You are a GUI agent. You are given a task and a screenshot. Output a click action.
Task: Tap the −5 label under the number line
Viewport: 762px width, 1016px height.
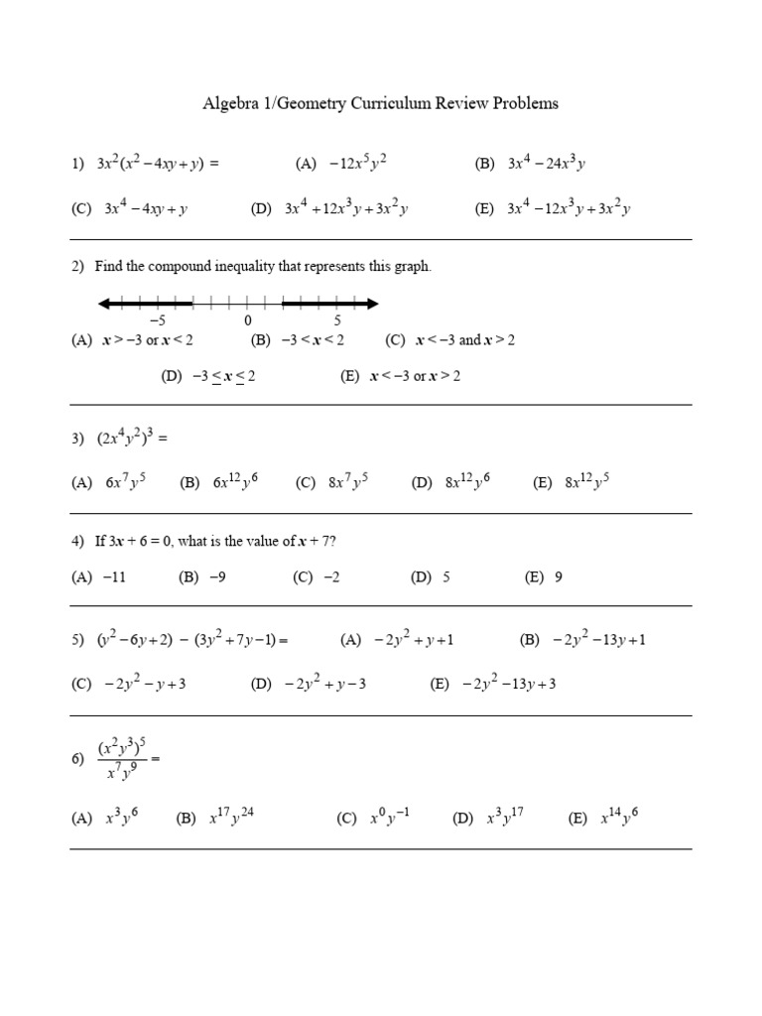pyautogui.click(x=157, y=320)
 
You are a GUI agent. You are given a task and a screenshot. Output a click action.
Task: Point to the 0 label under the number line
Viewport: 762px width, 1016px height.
pyautogui.click(x=247, y=320)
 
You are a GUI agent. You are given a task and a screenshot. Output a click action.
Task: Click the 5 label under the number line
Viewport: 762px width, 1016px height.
pyautogui.click(x=337, y=320)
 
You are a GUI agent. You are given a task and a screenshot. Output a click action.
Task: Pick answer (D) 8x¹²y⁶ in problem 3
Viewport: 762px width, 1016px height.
pyautogui.click(x=451, y=483)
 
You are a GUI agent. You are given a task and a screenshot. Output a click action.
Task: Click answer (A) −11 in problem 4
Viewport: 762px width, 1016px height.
pyautogui.click(x=98, y=576)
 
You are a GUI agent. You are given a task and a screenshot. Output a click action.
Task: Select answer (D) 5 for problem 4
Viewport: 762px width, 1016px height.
pyautogui.click(x=431, y=576)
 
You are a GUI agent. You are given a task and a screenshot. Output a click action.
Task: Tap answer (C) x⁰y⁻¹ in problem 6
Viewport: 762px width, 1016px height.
pyautogui.click(x=373, y=819)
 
